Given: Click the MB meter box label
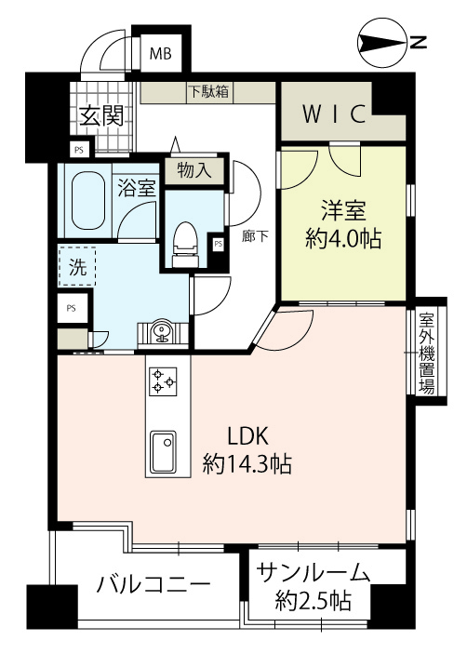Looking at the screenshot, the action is [x=161, y=54].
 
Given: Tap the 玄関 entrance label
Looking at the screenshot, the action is [x=102, y=116].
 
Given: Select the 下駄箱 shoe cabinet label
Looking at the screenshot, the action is [x=209, y=91].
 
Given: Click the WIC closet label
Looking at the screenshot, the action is [x=334, y=113].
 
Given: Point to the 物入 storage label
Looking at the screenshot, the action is [x=194, y=170].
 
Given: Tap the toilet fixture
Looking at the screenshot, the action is [x=184, y=244].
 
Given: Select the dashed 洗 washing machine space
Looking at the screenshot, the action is [x=77, y=266].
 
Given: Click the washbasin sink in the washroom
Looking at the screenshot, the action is [x=161, y=332].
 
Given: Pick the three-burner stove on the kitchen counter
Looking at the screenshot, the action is [x=163, y=381].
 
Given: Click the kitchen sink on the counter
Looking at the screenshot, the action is [x=163, y=451].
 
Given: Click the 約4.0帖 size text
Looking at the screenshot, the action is [x=343, y=239].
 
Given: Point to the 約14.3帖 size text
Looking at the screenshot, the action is [x=247, y=463].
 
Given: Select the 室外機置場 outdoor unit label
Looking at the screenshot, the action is [x=427, y=354].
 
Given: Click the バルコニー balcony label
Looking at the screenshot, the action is [x=153, y=585].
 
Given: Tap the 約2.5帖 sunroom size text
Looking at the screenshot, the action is [x=313, y=601].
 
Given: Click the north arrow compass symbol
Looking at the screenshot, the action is [x=382, y=43].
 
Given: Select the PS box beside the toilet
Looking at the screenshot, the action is [x=218, y=244].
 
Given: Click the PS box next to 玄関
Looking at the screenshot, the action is [x=78, y=150].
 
